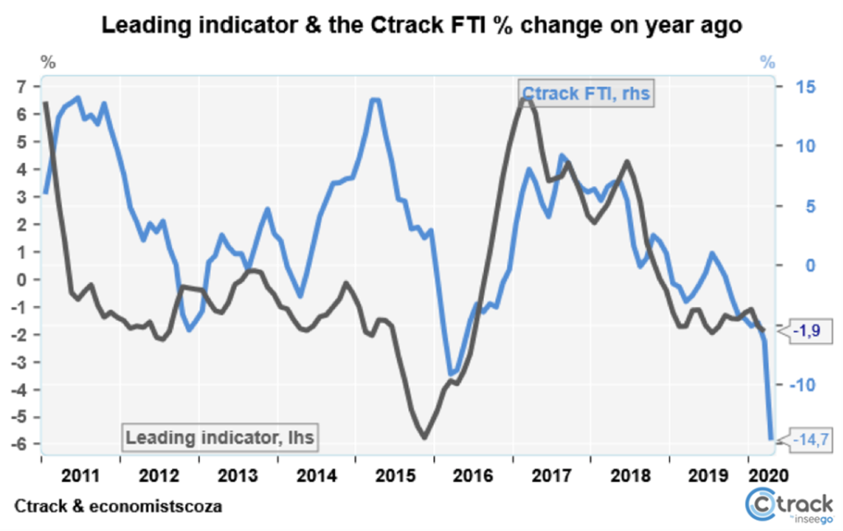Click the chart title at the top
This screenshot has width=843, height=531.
(421, 26)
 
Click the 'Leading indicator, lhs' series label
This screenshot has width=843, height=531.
(221, 436)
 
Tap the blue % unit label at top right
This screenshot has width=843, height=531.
(767, 63)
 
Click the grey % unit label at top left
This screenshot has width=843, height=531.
(49, 63)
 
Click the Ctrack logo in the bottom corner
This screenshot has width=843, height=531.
(788, 505)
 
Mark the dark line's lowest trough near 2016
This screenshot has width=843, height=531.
(425, 437)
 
